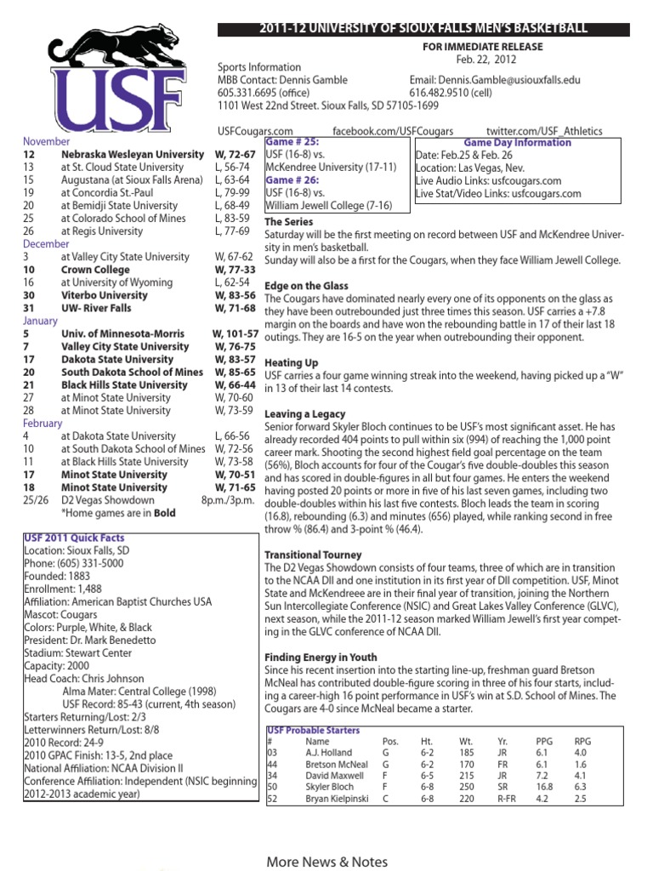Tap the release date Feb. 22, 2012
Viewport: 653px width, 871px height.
(x=486, y=60)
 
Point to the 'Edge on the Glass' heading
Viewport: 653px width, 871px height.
(x=306, y=286)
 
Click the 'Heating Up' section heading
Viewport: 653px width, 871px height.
(x=291, y=362)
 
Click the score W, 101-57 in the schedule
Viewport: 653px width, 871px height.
(x=235, y=334)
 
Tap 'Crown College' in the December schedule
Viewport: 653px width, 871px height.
(x=95, y=270)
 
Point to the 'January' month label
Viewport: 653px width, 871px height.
(x=41, y=322)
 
